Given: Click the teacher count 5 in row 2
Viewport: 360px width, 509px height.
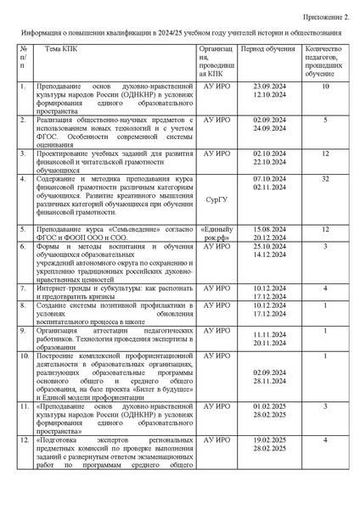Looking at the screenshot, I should (324, 120).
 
